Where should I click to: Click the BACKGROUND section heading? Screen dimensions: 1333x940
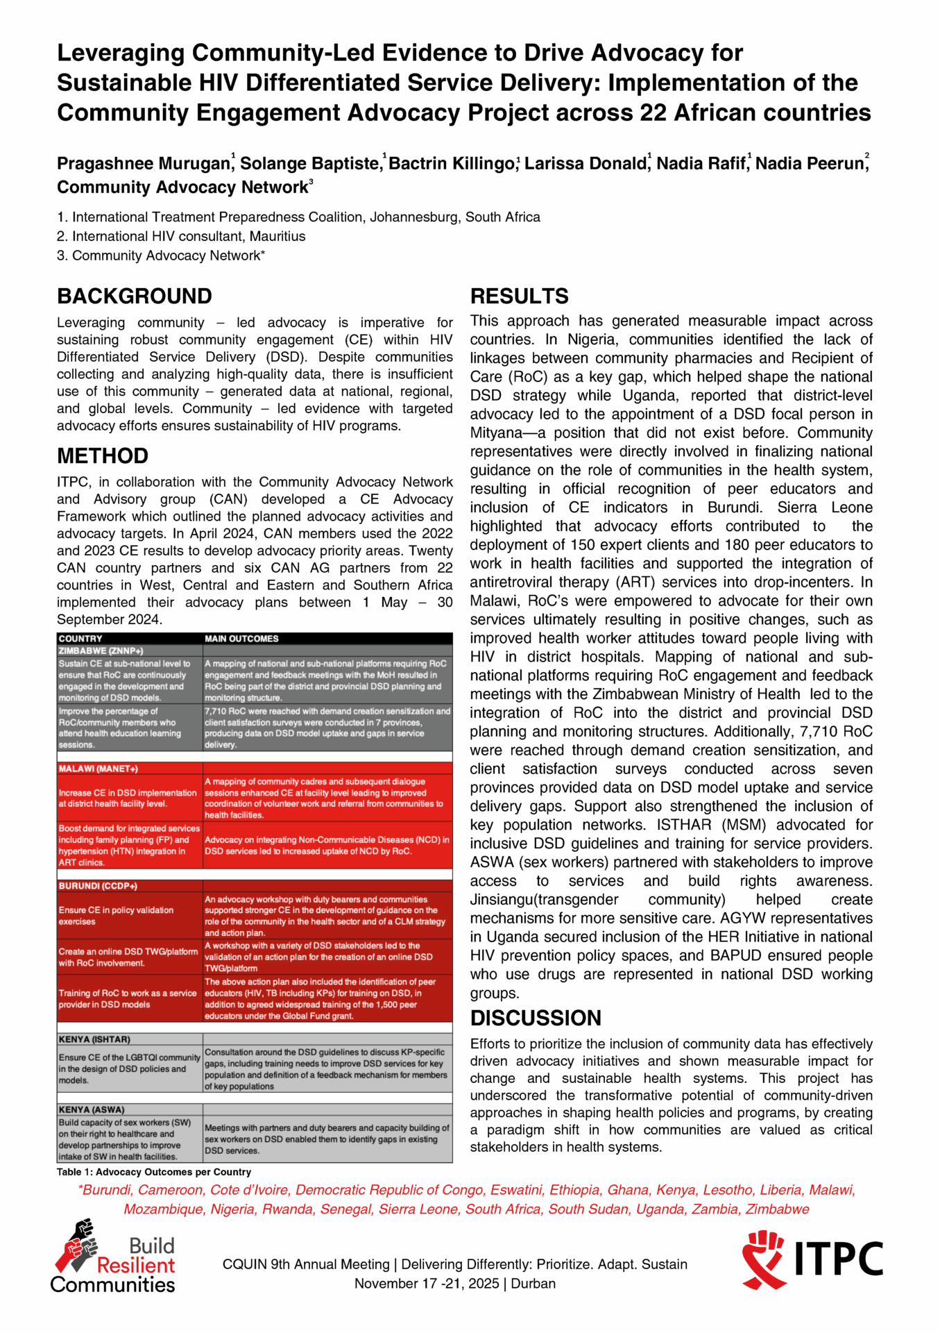(134, 296)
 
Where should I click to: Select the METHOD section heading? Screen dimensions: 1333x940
(103, 456)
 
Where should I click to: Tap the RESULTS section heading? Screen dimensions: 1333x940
(519, 296)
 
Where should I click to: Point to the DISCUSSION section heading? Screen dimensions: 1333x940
(536, 1018)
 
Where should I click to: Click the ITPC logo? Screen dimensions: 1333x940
(812, 1259)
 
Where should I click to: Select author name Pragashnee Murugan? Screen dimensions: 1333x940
(144, 164)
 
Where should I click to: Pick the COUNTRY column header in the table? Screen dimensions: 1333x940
(80, 639)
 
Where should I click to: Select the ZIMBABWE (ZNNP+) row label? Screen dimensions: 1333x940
(101, 651)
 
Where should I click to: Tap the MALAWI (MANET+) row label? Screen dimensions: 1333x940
(99, 769)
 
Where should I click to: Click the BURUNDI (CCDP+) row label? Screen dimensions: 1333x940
(98, 886)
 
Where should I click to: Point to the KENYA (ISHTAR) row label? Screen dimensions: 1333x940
(94, 1039)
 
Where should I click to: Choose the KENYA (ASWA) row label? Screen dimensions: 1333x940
(92, 1109)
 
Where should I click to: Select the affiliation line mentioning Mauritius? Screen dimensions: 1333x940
(181, 237)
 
